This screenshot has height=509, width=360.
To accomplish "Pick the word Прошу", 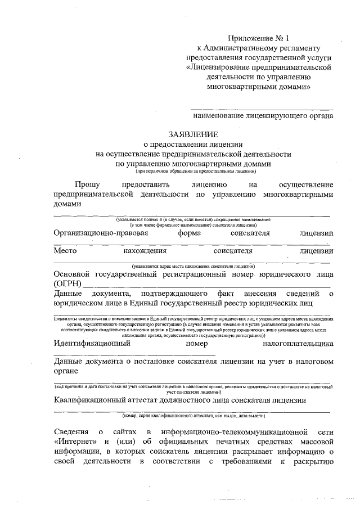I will click(x=88, y=184).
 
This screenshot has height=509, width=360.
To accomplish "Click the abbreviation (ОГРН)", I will click(x=67, y=283).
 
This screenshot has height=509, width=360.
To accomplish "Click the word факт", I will click(x=224, y=293).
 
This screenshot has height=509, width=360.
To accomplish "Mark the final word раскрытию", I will click(x=312, y=462).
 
